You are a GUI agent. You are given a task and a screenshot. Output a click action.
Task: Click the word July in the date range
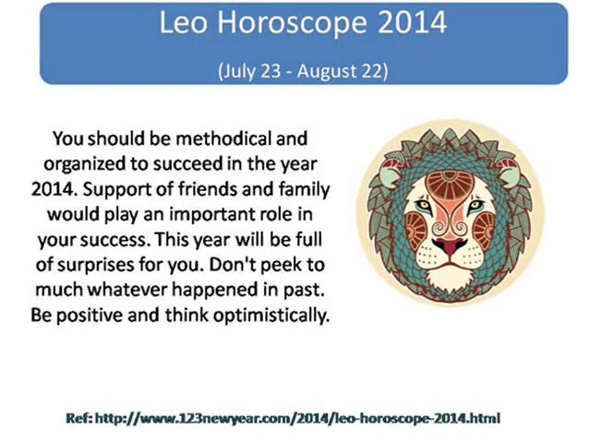point(238,71)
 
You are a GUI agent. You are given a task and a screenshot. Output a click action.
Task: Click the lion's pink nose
point(450,245)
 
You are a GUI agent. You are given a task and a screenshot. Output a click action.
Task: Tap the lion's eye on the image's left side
point(424,205)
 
